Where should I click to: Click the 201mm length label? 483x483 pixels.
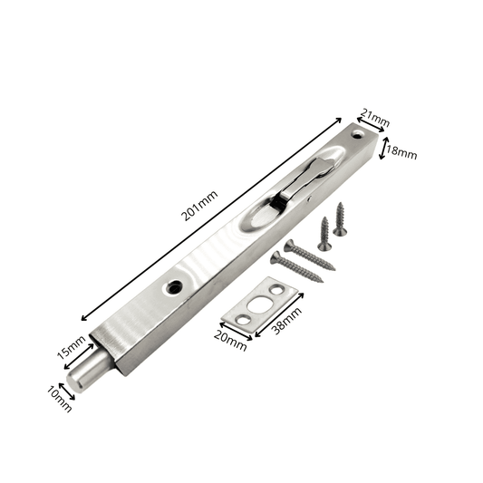199,205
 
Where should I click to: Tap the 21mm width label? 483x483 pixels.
375,118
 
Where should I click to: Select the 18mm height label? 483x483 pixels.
401,152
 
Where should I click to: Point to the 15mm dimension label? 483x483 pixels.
72,347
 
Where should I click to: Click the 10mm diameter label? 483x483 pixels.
60,400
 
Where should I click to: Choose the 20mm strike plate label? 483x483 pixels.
230,341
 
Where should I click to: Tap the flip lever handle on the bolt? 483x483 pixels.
305,180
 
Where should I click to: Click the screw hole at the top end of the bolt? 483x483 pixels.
358,134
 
